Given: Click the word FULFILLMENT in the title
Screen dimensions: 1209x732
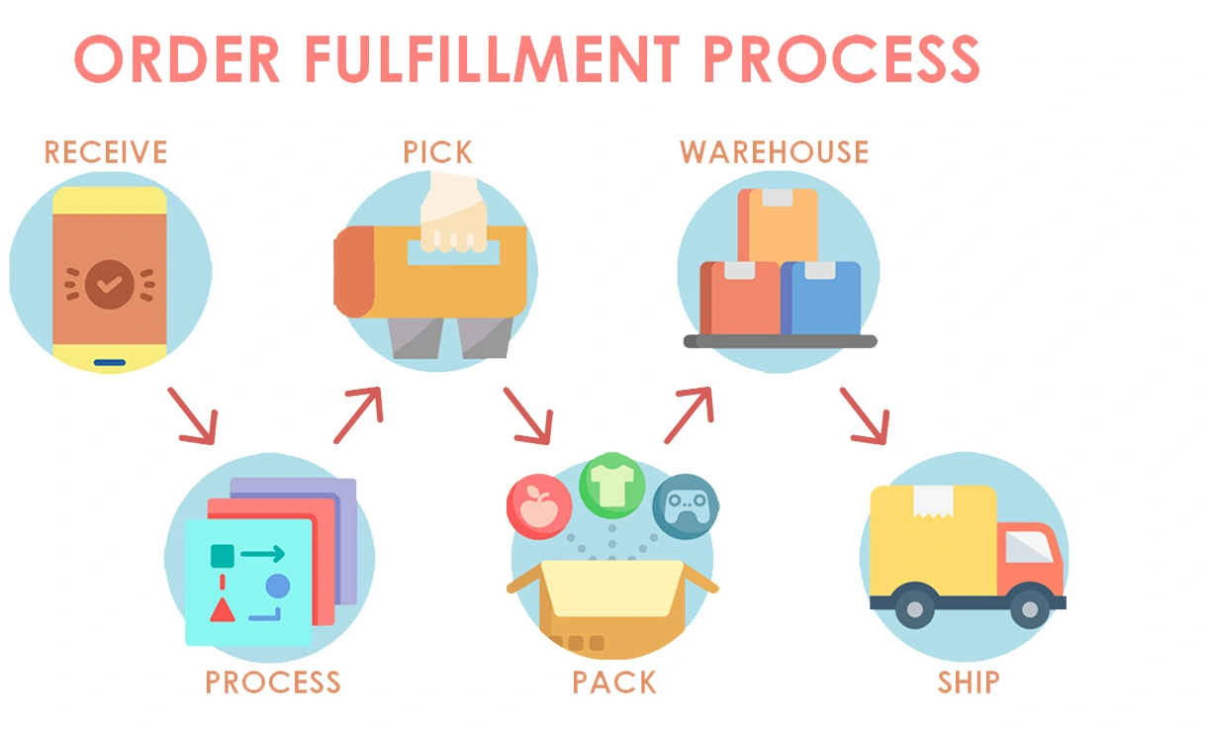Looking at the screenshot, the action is [492, 58].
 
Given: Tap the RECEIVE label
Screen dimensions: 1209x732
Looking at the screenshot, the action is [106, 151].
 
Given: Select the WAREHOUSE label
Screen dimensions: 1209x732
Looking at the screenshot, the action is [774, 151].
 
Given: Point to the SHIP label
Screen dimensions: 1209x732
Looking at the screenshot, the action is [969, 682].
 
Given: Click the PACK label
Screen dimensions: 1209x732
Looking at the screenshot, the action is [614, 682].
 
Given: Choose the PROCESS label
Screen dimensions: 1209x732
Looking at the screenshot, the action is [273, 682].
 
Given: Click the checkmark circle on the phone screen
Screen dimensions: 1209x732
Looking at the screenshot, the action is [110, 284].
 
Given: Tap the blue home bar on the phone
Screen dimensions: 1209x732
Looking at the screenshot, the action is [110, 363].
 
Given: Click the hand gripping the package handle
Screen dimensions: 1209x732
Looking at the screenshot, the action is [453, 214].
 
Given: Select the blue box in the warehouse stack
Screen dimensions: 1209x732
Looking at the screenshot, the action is [821, 298].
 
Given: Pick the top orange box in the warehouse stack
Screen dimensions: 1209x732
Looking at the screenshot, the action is [778, 226].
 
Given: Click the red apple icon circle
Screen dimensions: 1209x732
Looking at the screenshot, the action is [539, 506].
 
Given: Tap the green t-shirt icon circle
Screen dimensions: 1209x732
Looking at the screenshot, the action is [612, 486].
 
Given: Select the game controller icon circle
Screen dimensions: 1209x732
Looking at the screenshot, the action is [686, 506].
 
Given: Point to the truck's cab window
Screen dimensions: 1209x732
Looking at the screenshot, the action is [1029, 546].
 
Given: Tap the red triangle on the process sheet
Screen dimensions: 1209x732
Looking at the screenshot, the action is [223, 610].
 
